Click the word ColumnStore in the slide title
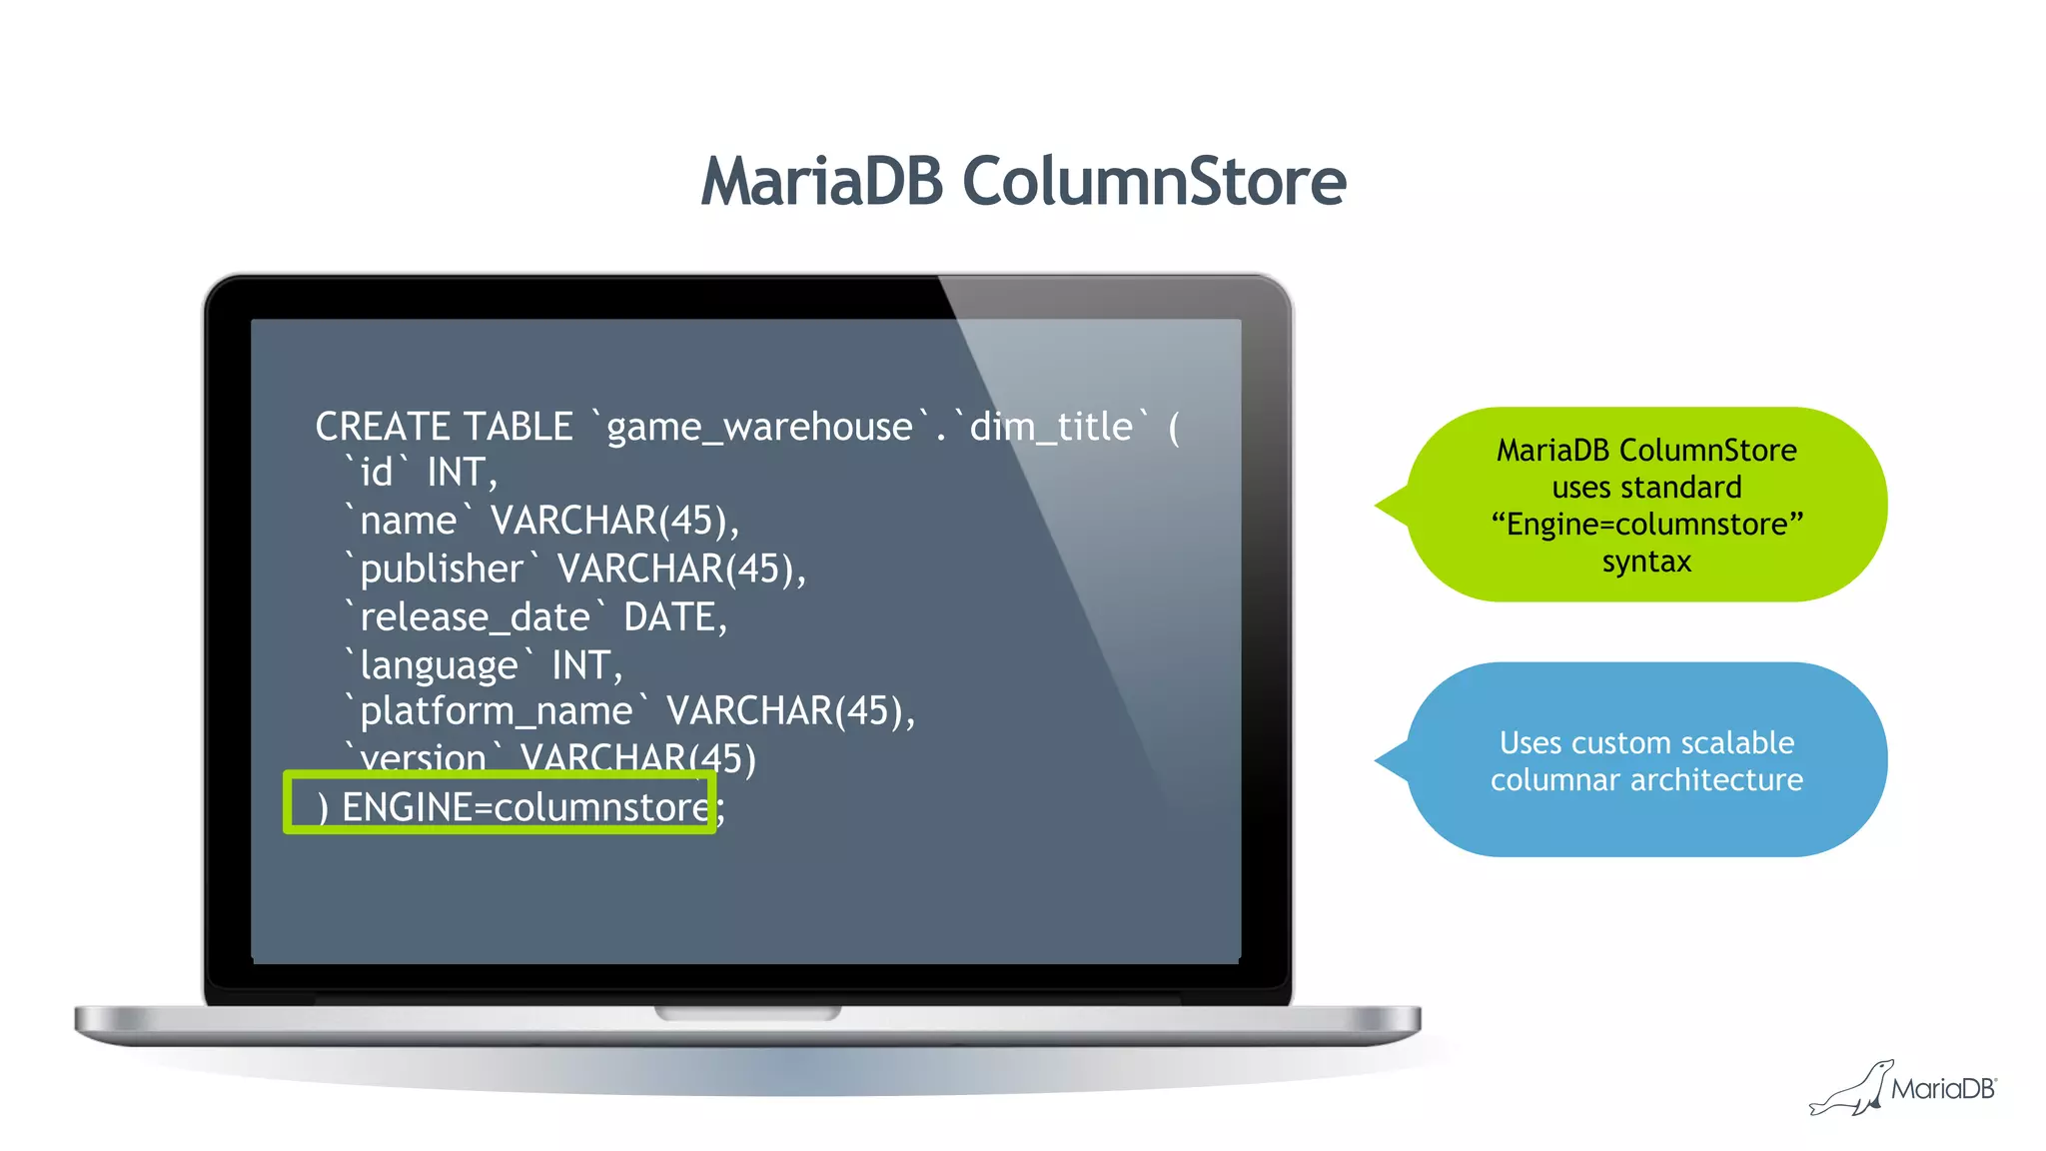pos(1154,182)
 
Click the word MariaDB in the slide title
pos(822,182)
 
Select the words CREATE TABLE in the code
pos(444,427)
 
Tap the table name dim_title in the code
pos(1051,428)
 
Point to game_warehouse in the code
pos(759,428)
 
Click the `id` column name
pos(377,473)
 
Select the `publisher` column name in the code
pos(441,570)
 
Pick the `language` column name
pos(439,665)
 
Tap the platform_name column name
pos(496,711)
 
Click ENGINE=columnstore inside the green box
pos(524,807)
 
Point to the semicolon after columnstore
pos(721,809)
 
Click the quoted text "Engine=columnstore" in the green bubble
pos(1646,525)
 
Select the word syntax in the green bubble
pos(1646,562)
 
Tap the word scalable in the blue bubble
pos(1737,743)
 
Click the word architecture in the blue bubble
pos(1716,780)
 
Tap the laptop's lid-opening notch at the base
pos(747,1013)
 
